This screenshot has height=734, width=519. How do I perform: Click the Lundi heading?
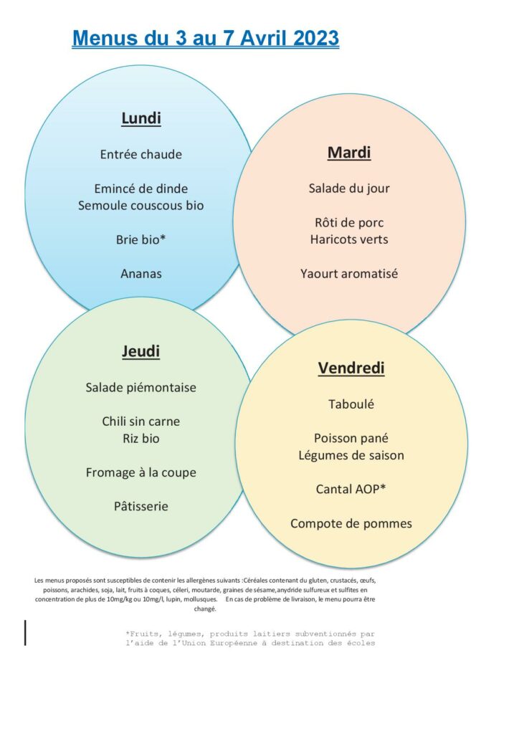pos(141,118)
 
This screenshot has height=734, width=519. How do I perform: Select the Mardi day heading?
pos(349,152)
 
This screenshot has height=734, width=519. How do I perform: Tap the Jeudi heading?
pos(141,351)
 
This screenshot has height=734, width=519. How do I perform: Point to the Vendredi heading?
pos(351,368)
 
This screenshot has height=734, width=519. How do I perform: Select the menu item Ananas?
pos(141,273)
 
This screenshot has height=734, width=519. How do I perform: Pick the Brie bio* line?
pos(141,239)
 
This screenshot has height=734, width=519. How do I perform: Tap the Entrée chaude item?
pos(141,154)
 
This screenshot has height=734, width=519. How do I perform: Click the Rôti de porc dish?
pos(349,222)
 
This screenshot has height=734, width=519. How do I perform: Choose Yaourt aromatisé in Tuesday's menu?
pos(349,273)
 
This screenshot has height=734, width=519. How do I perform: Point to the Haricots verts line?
pos(349,239)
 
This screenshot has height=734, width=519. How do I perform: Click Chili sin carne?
pos(141,421)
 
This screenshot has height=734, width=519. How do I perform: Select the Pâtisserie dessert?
pos(141,506)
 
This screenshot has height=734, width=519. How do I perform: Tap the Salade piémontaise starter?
pos(141,387)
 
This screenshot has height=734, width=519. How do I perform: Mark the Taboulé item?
pos(351,404)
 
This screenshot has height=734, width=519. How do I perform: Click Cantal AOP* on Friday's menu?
pos(351,489)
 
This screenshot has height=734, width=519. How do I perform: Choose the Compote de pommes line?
pos(351,523)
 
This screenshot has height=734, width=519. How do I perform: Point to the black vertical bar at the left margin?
pos(25,632)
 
